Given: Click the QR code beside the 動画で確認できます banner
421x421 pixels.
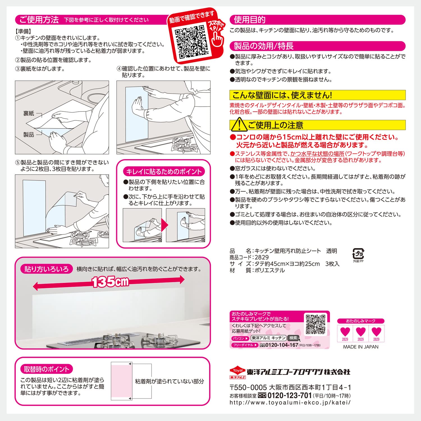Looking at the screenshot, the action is click(192, 42).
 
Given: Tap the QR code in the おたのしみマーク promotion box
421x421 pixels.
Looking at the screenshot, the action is click(316, 324).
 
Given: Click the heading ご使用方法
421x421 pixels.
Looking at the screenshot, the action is click(39, 20).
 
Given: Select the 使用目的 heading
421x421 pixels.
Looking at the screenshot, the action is click(250, 20).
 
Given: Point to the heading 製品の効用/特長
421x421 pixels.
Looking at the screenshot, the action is click(264, 46).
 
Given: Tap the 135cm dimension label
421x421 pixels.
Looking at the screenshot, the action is click(110, 281).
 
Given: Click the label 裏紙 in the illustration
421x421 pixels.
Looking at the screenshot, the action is click(29, 113).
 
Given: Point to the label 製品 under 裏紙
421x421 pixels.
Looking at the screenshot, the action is click(29, 135).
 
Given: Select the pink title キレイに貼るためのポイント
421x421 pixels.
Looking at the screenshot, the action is click(164, 171).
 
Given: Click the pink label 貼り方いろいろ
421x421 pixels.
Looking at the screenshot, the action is click(46, 269).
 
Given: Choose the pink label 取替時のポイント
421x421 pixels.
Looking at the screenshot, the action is click(46, 369).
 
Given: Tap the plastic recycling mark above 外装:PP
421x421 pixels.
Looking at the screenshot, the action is click(358, 254).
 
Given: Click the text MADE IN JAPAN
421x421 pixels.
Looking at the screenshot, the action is click(361, 347).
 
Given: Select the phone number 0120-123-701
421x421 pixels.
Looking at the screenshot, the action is click(290, 395).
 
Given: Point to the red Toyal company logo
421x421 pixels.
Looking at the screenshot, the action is click(238, 372).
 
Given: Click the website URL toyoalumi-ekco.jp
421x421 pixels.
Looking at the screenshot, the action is click(290, 402).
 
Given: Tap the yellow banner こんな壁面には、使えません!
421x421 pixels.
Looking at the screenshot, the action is click(317, 95).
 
